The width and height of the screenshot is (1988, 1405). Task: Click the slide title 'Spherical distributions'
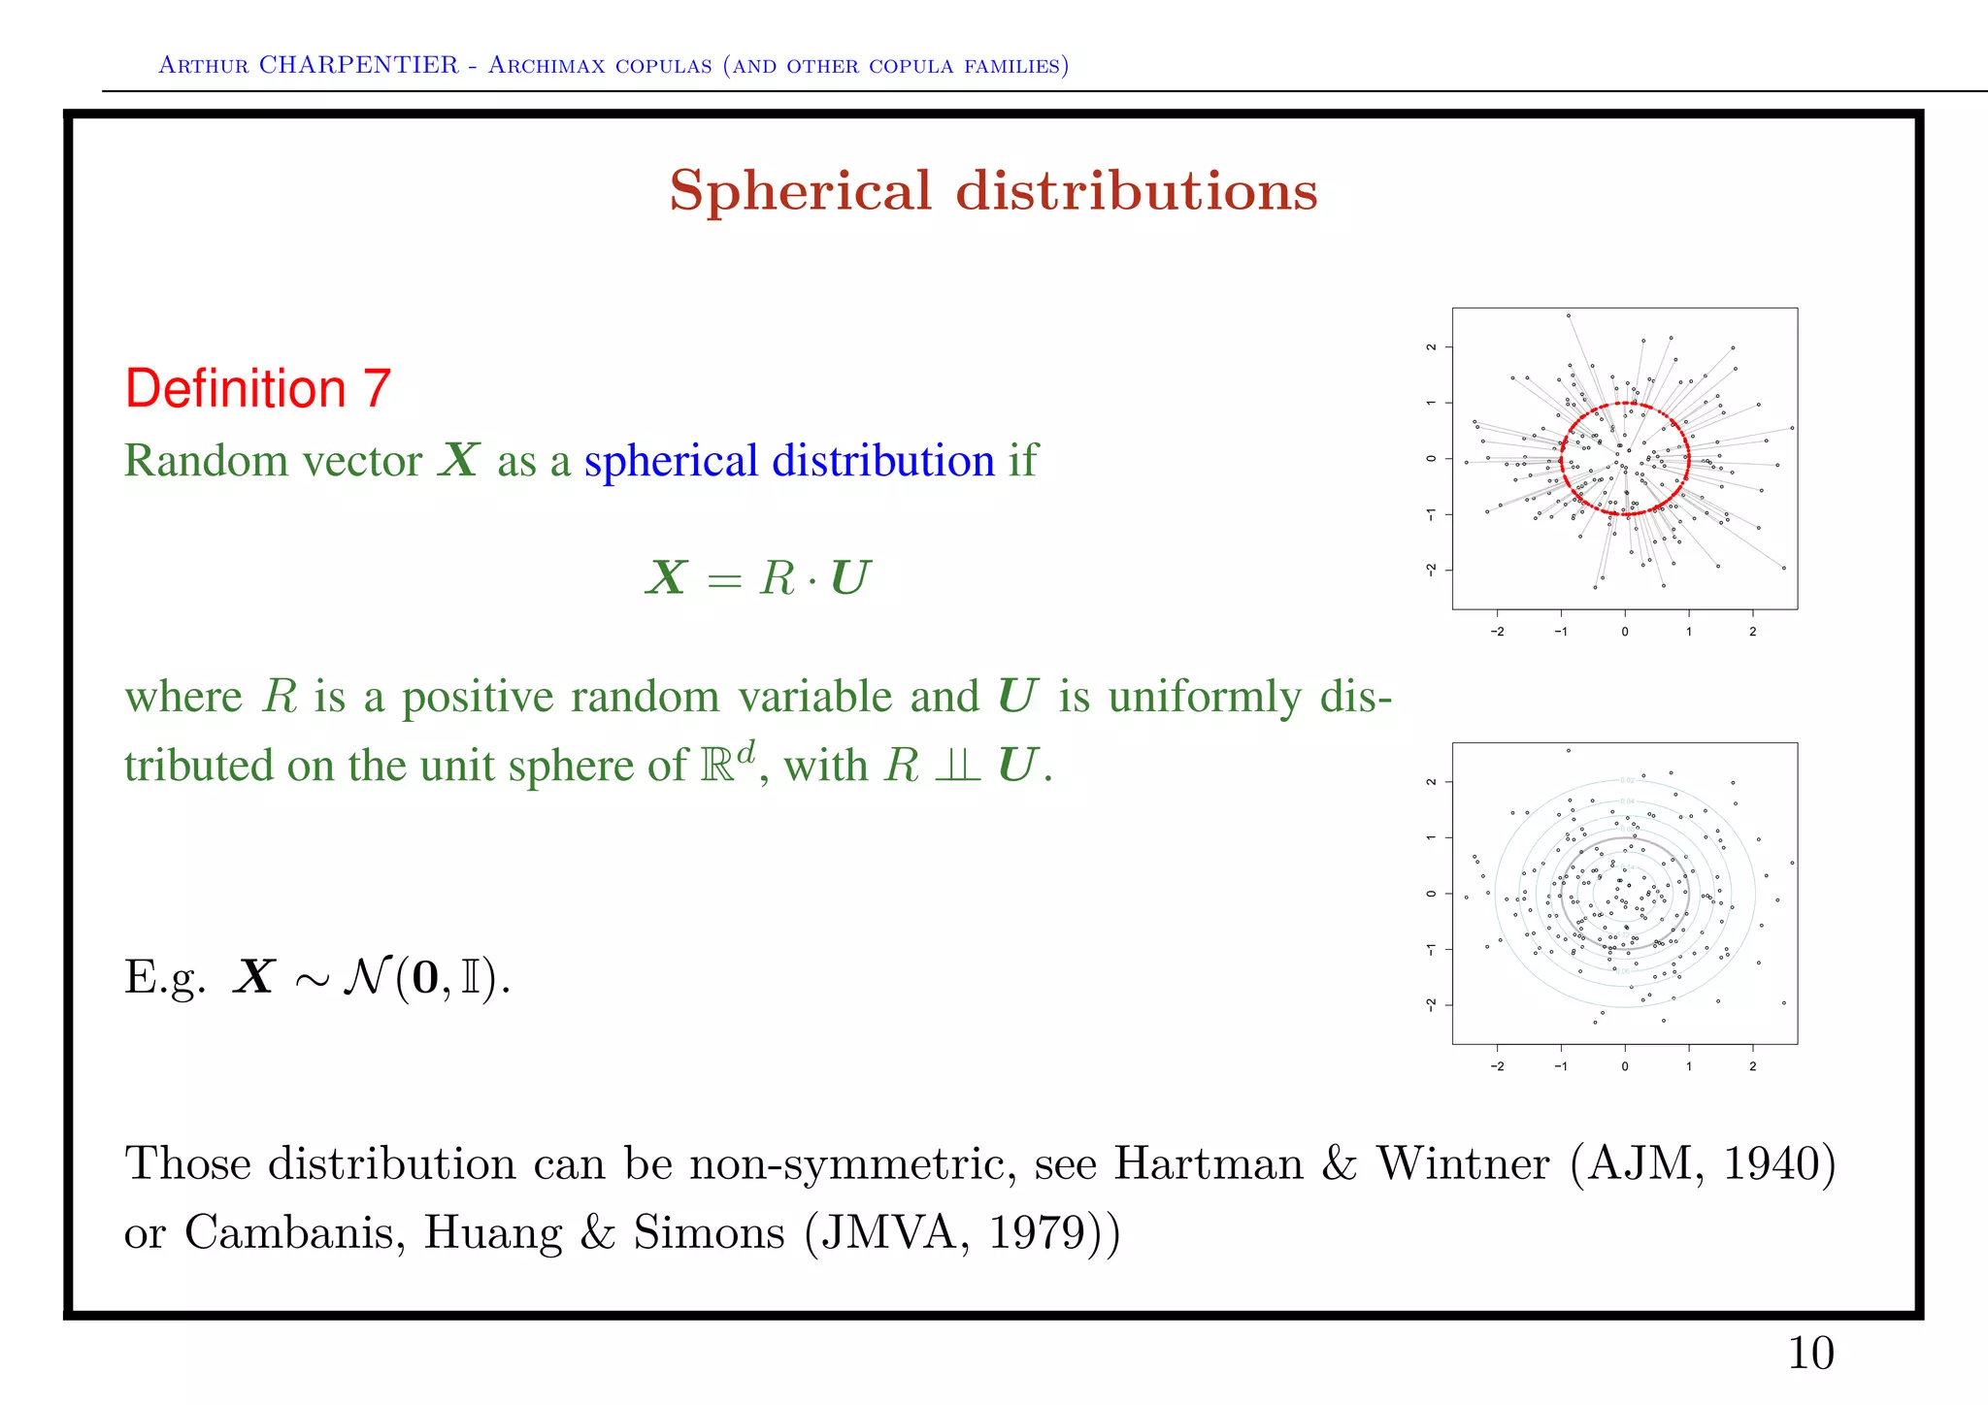(x=993, y=190)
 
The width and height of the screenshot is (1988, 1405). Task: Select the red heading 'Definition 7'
(x=257, y=389)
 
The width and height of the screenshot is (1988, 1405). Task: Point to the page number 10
(x=1810, y=1354)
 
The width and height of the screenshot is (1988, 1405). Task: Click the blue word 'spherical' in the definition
(x=671, y=462)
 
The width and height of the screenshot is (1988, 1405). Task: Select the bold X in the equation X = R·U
(x=666, y=578)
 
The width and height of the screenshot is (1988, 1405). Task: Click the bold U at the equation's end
(x=850, y=578)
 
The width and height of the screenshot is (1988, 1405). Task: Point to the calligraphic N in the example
(x=367, y=977)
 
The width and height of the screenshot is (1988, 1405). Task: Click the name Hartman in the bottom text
(x=1208, y=1164)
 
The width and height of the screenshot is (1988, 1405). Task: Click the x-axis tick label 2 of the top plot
(x=1752, y=632)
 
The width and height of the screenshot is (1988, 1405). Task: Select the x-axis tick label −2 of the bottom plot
(x=1497, y=1066)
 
